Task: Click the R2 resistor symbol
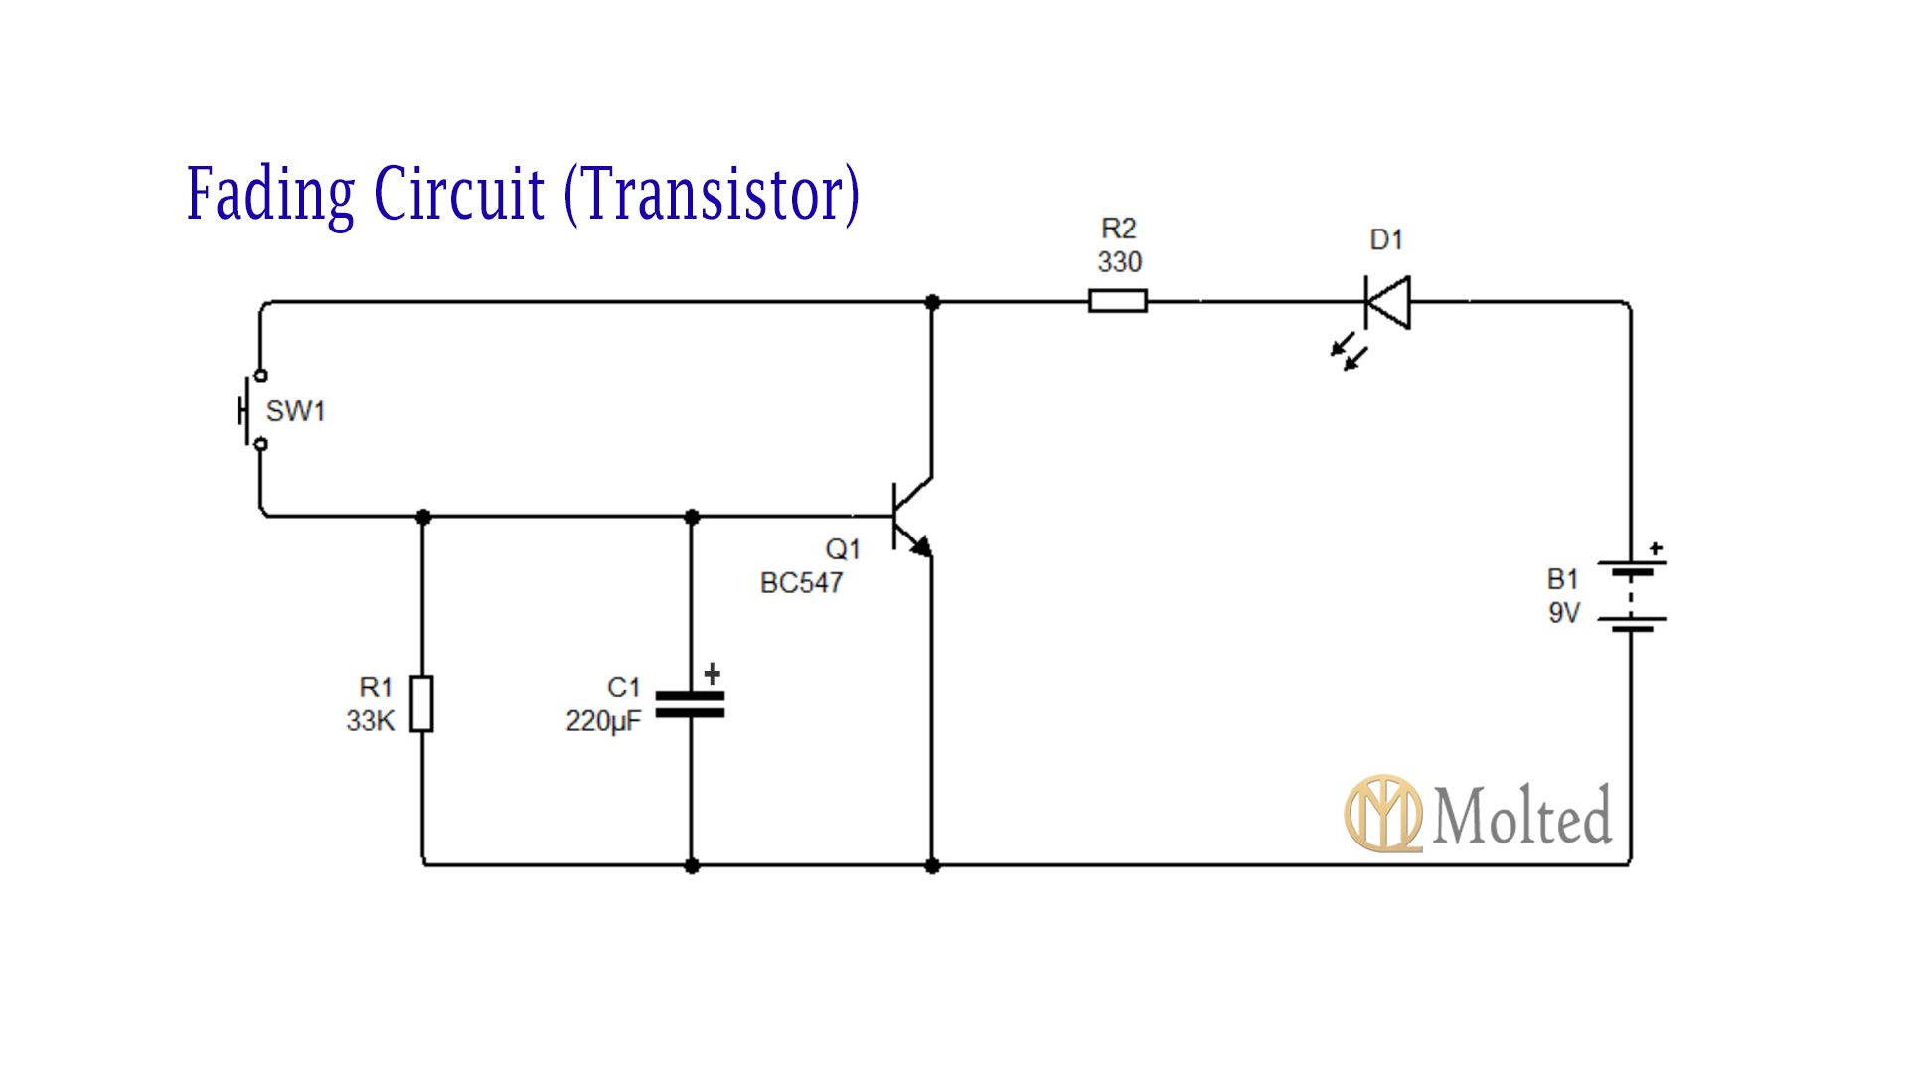(1117, 300)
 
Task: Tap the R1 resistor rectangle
(422, 703)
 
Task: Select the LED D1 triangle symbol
(1387, 301)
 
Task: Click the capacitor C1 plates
(692, 704)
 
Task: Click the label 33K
(370, 721)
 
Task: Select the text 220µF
(603, 721)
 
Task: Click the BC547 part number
(801, 583)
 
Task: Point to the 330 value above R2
(1119, 262)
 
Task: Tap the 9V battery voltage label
(1563, 613)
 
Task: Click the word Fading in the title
(270, 194)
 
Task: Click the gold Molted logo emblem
(1382, 814)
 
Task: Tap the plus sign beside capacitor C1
(712, 674)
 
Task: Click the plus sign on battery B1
(1656, 548)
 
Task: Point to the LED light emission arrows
(1350, 354)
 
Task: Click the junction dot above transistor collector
(932, 301)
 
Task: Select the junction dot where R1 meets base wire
(423, 517)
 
